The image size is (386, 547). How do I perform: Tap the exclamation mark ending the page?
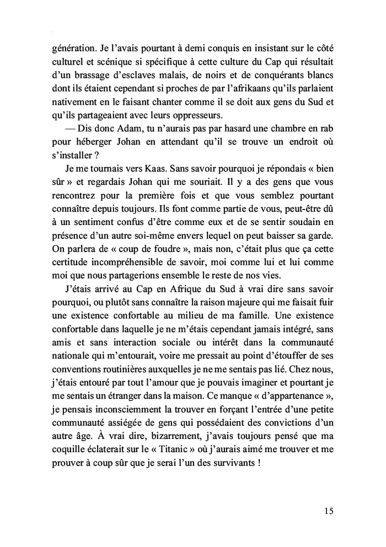(x=258, y=449)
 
